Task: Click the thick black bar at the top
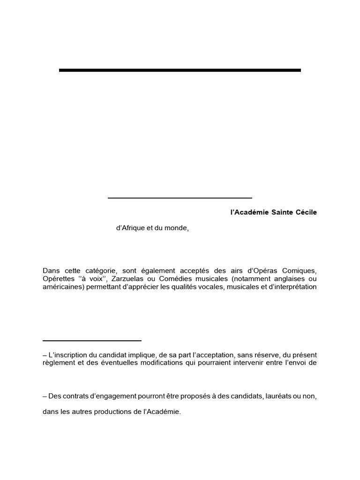pyautogui.click(x=180, y=70)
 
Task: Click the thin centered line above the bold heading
pyautogui.click(x=180, y=198)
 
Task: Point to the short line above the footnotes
pyautogui.click(x=92, y=341)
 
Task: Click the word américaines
pyautogui.click(x=63, y=287)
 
